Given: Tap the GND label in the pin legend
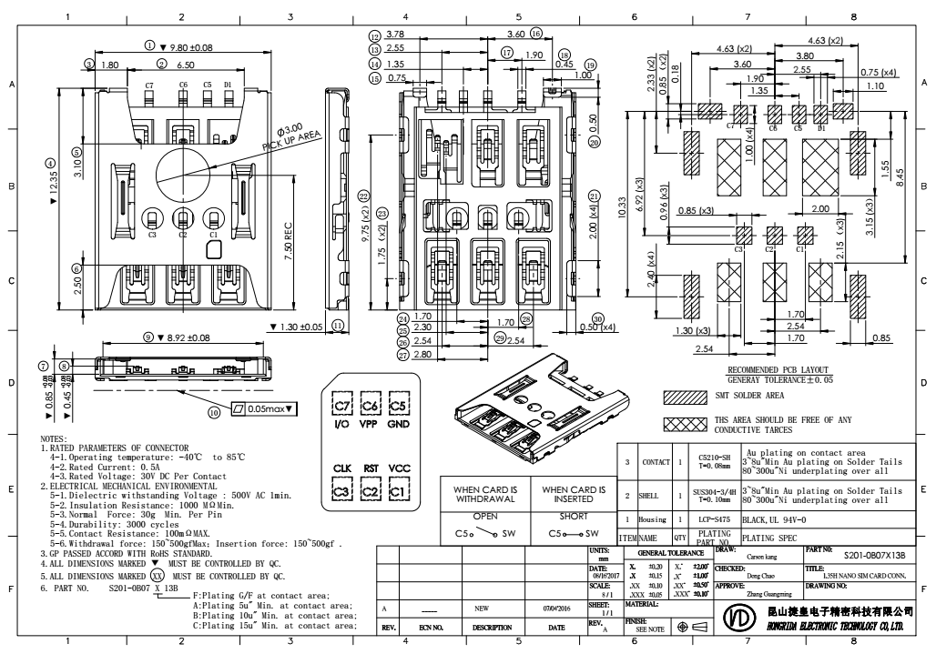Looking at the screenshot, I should (x=399, y=423).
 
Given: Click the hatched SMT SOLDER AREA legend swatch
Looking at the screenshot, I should (x=684, y=397).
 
